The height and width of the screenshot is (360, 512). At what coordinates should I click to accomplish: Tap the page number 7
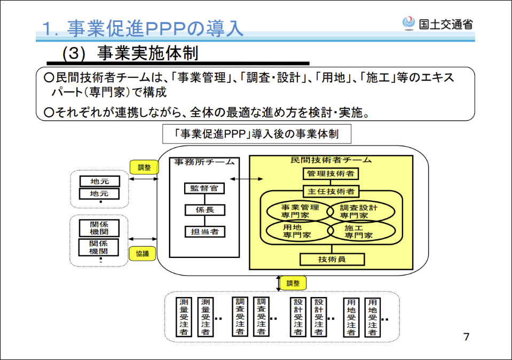point(466,337)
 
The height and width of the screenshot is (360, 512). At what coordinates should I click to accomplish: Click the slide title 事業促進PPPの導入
point(143,28)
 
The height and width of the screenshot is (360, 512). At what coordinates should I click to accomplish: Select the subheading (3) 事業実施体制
point(131,54)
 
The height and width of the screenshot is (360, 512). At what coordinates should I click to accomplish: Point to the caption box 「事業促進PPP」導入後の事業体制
point(257,134)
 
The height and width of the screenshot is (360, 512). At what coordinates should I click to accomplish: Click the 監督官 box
point(204,188)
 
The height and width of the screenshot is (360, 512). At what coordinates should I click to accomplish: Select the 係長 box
point(204,210)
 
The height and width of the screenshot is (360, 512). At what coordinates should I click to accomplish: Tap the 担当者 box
point(204,232)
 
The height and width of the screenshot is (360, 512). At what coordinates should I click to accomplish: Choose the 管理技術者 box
point(330,174)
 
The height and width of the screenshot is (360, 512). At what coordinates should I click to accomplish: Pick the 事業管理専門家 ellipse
point(300,211)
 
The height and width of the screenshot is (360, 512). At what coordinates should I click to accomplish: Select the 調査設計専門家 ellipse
point(361,211)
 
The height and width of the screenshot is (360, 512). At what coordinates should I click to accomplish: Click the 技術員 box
point(332,260)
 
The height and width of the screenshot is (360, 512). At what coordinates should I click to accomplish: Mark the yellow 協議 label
point(142,254)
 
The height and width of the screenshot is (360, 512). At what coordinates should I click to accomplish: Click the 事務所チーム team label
point(204,162)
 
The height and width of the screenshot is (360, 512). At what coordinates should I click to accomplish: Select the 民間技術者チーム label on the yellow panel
point(331,160)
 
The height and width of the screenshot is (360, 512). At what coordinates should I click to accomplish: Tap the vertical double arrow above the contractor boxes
point(278,283)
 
